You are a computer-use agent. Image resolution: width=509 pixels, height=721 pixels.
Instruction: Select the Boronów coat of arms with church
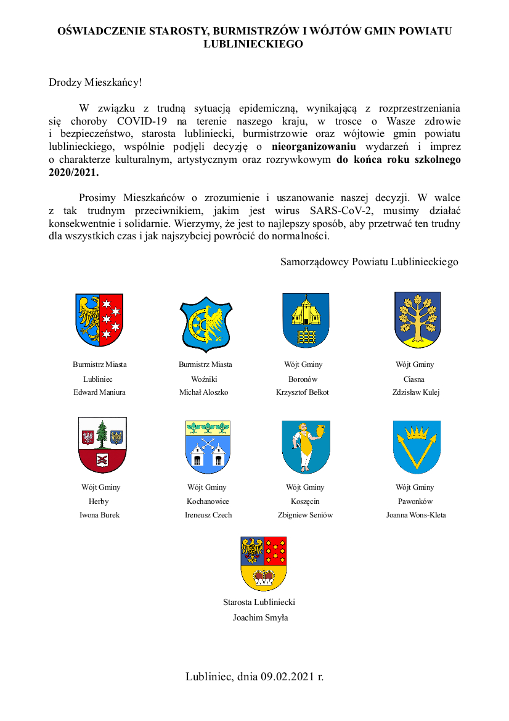(306, 320)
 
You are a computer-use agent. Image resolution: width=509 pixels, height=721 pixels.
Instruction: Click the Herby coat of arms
(102, 444)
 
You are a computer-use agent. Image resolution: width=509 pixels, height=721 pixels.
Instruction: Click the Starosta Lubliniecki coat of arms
(263, 563)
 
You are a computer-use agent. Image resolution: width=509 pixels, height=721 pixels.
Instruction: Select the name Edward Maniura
(99, 392)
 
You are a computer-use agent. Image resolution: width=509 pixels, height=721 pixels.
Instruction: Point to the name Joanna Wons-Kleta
(416, 515)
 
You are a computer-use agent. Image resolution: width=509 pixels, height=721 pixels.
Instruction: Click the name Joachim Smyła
(260, 617)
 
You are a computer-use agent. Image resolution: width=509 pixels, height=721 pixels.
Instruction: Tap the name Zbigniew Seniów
(305, 515)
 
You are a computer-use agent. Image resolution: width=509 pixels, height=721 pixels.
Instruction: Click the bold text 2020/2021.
(73, 173)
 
